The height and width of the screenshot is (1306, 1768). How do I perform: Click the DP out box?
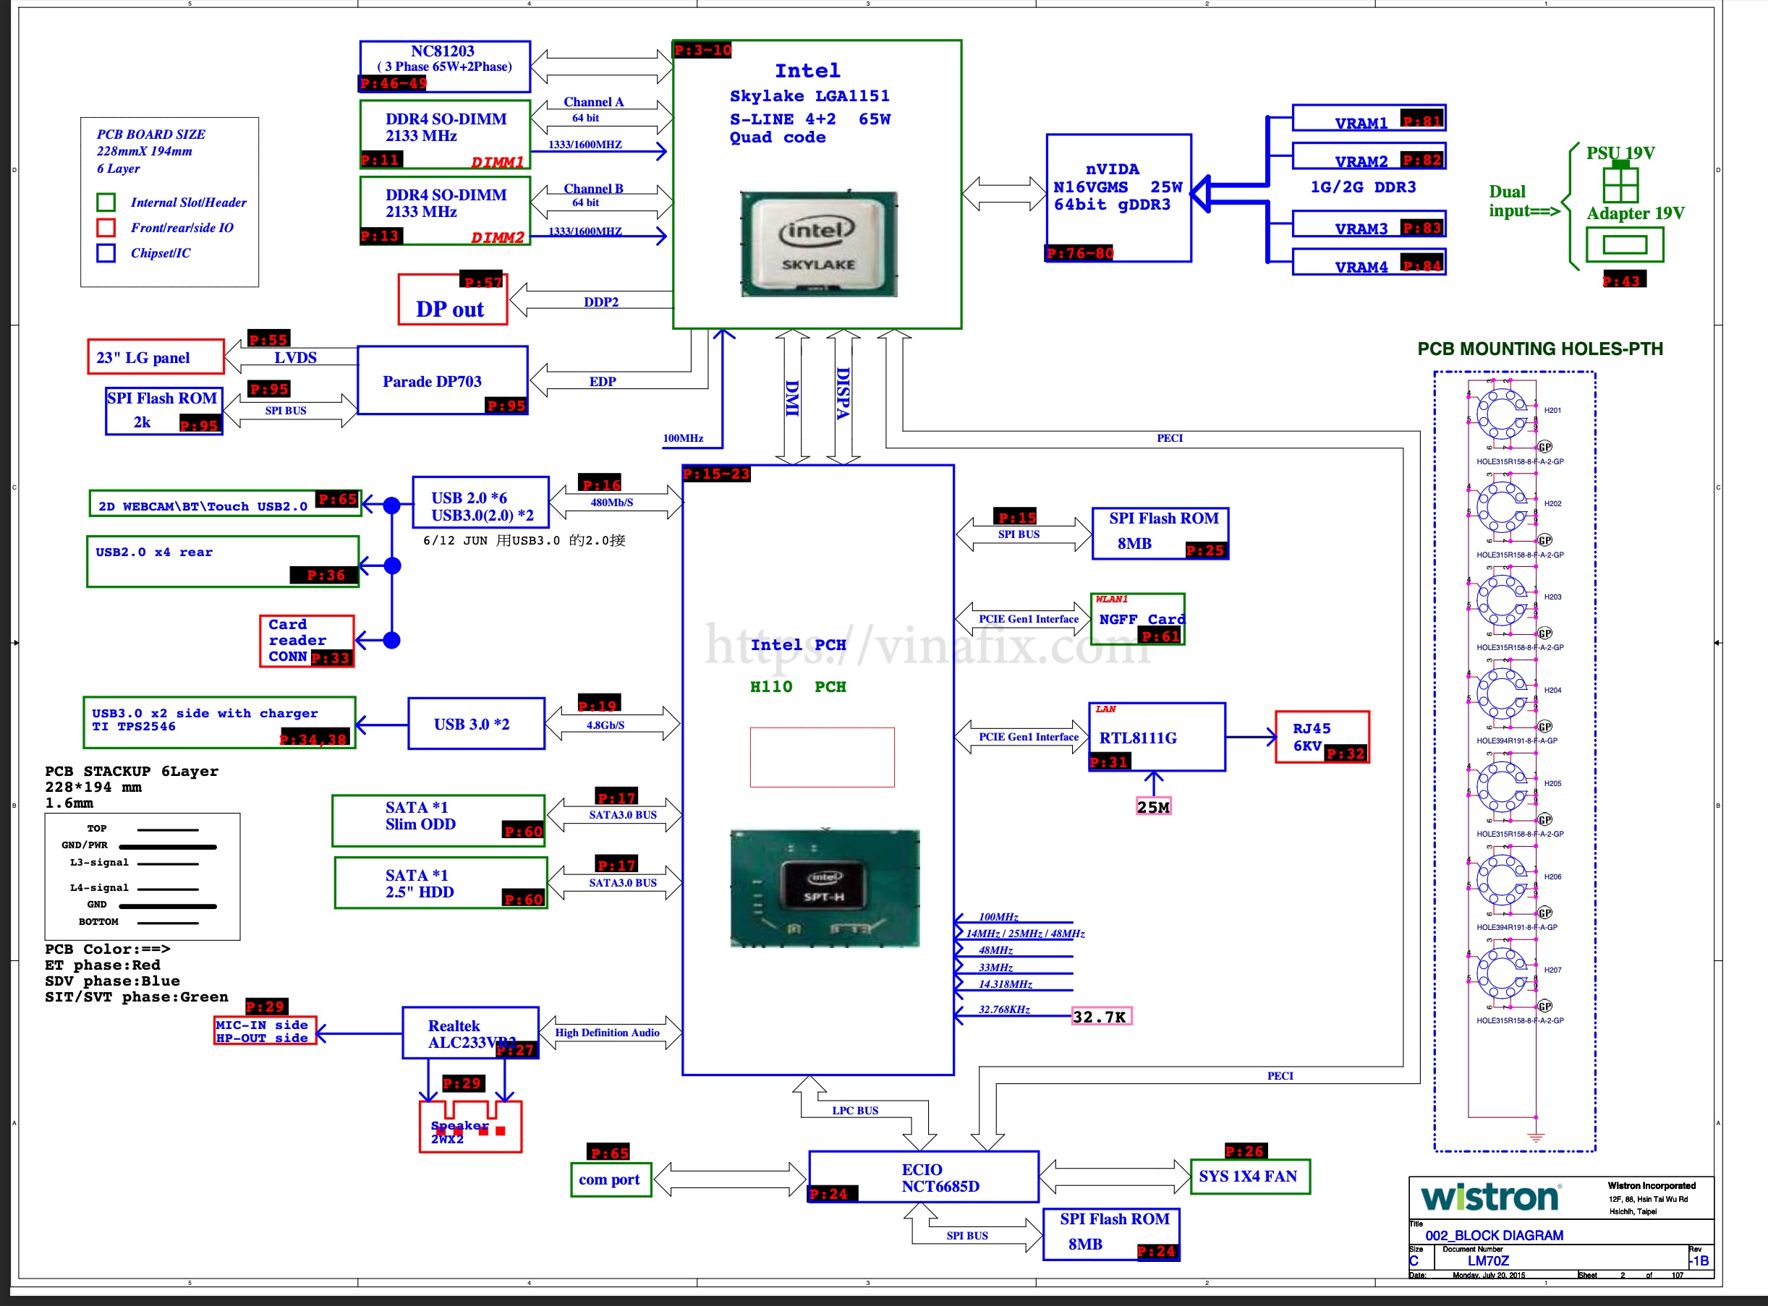pyautogui.click(x=451, y=300)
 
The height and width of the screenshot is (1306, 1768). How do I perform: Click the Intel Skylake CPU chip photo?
pyautogui.click(x=818, y=244)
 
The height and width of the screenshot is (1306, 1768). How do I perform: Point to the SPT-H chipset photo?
pyautogui.click(x=824, y=887)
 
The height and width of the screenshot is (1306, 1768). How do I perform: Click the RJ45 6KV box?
pyautogui.click(x=1321, y=737)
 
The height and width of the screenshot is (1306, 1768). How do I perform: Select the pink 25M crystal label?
pyautogui.click(x=1153, y=807)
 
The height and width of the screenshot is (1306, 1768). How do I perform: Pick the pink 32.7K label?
pyautogui.click(x=1100, y=1017)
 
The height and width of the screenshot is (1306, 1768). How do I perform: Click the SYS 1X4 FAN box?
pyautogui.click(x=1249, y=1177)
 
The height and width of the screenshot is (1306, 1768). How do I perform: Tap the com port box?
pyautogui.click(x=610, y=1179)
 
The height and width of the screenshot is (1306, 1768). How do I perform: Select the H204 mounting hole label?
pyautogui.click(x=1553, y=690)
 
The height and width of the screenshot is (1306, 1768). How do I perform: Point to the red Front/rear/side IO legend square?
pyautogui.click(x=106, y=228)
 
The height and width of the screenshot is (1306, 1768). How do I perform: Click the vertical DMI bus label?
pyautogui.click(x=792, y=397)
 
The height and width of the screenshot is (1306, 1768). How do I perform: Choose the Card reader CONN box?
pyautogui.click(x=307, y=641)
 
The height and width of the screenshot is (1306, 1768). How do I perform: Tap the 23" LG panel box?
pyautogui.click(x=156, y=357)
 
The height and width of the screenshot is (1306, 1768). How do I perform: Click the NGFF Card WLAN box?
pyautogui.click(x=1137, y=619)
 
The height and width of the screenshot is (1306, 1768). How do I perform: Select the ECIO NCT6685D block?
pyautogui.click(x=923, y=1177)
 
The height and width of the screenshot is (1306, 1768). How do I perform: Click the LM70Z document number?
pyautogui.click(x=1488, y=1261)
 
